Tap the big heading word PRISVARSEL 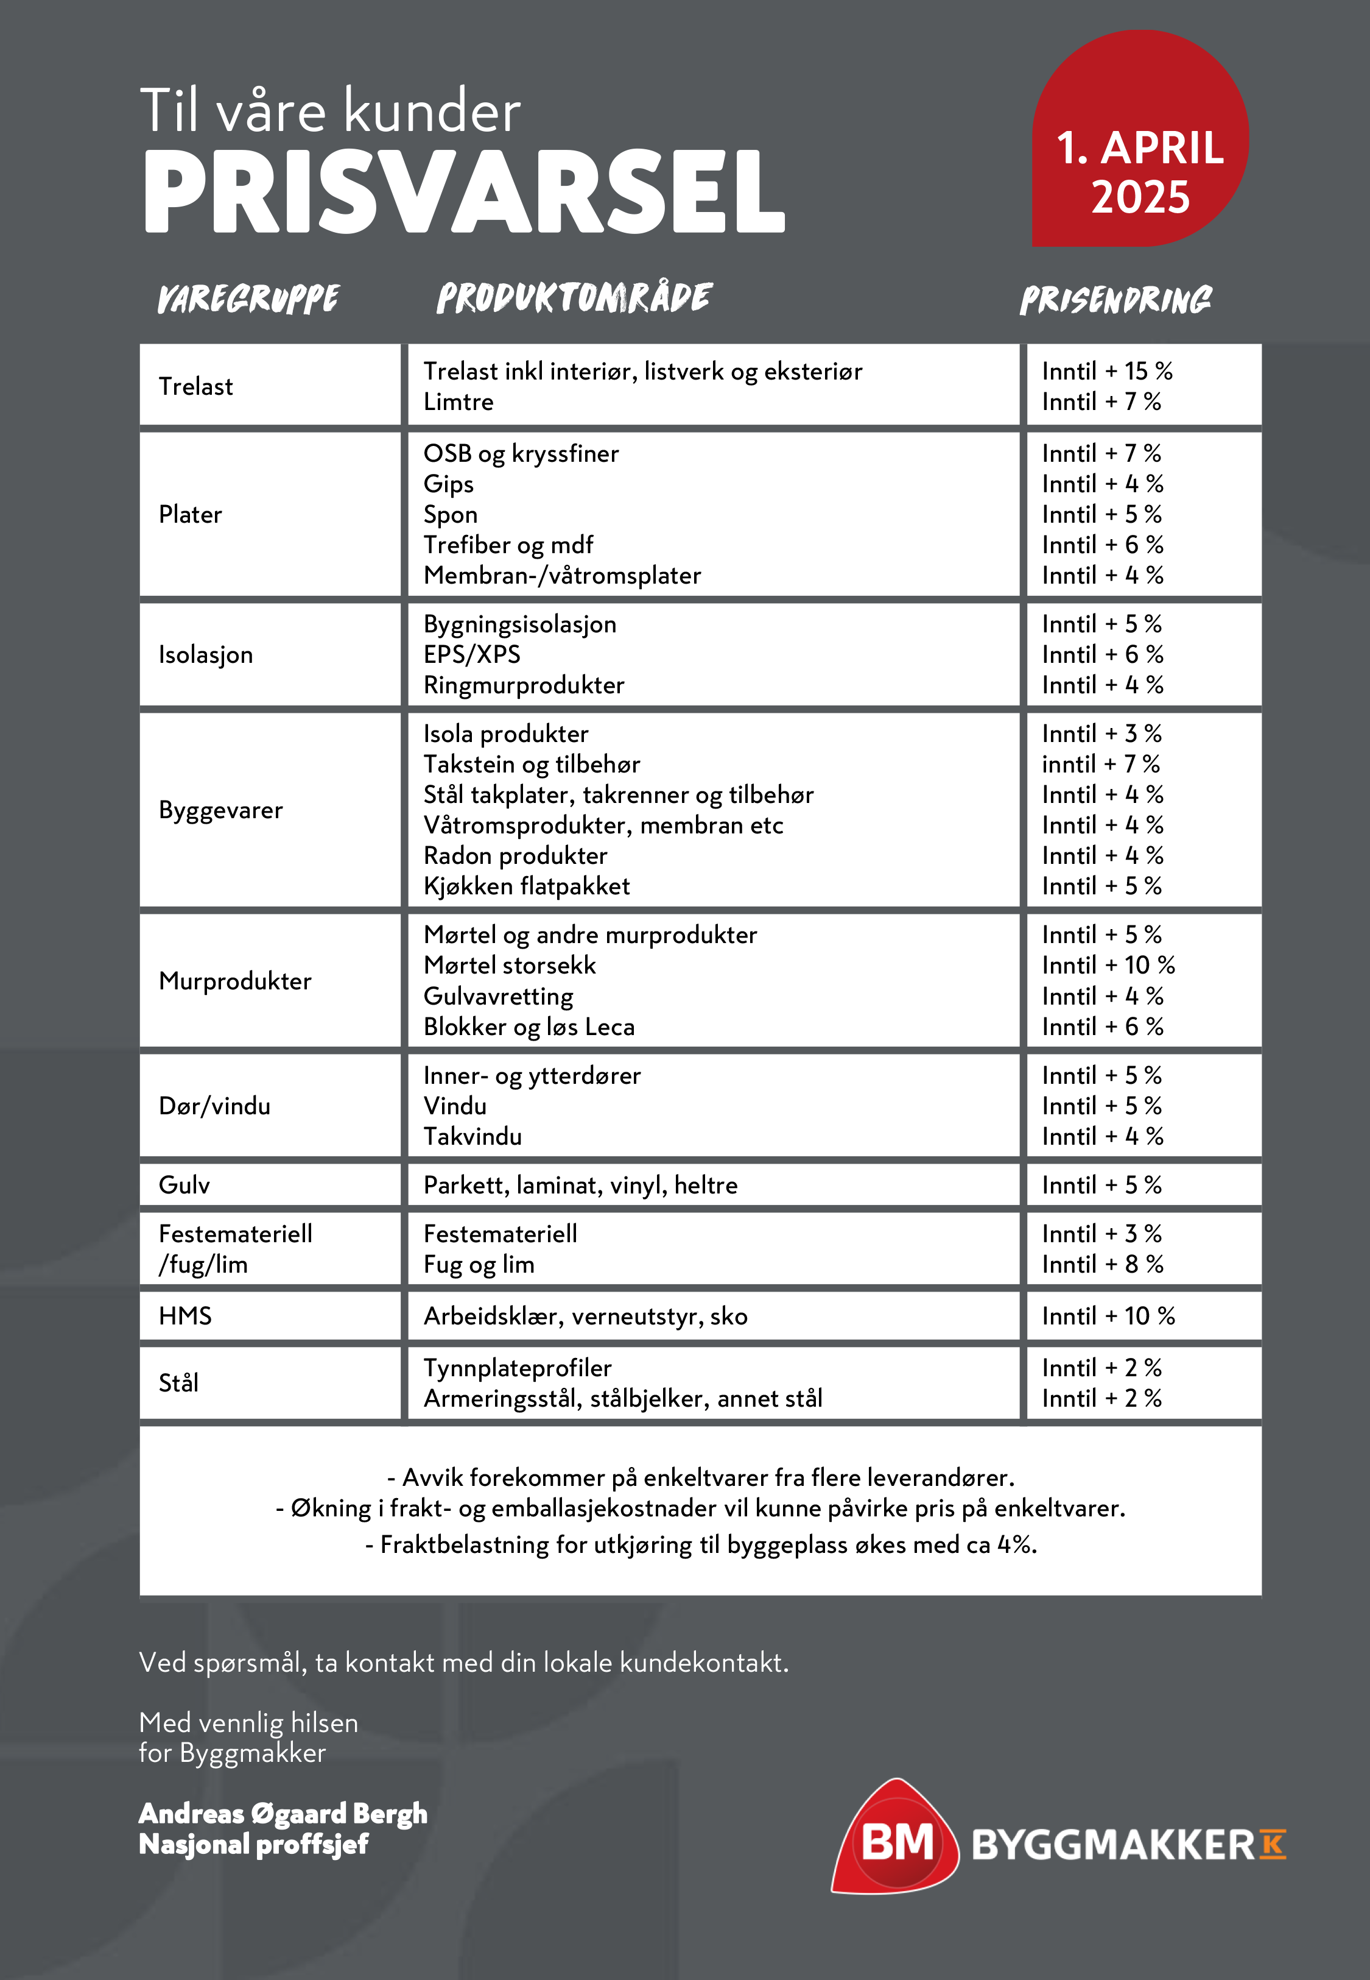[x=463, y=191]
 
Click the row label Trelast [x=195, y=386]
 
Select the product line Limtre [x=458, y=402]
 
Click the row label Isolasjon [x=206, y=654]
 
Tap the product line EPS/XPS [x=472, y=654]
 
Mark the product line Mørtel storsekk [x=509, y=965]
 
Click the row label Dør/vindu [x=214, y=1106]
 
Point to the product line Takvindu [x=472, y=1137]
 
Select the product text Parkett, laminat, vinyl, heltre [x=580, y=1185]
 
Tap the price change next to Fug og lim [x=1102, y=1264]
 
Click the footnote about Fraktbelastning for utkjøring [x=700, y=1544]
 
